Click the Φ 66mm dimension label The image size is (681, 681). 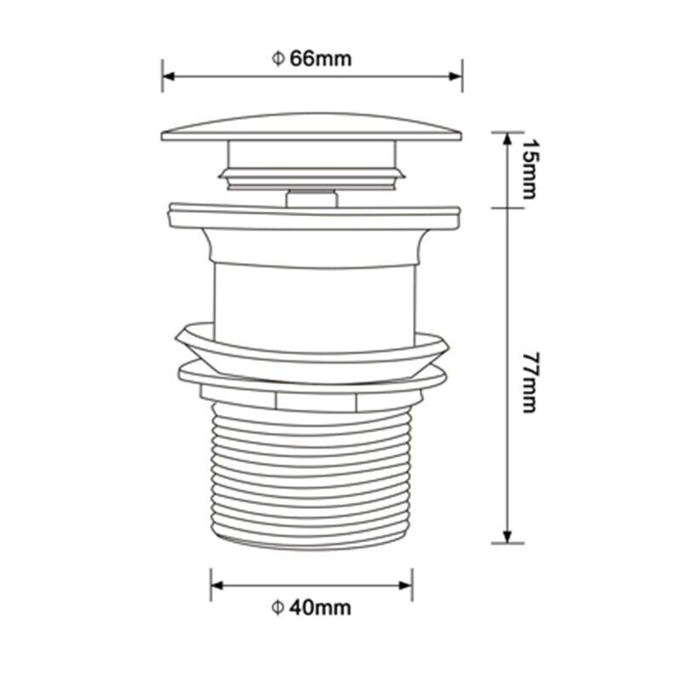[312, 59]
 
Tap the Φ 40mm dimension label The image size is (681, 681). [312, 607]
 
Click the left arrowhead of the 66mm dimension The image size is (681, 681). [168, 76]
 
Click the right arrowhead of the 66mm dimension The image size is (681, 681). [457, 76]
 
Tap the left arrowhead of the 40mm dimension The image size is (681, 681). [216, 586]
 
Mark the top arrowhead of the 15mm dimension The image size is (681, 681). [508, 137]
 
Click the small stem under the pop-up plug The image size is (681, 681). [312, 197]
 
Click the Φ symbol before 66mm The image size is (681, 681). [277, 59]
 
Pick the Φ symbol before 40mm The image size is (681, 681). [277, 607]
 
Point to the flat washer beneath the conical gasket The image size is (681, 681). [312, 375]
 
